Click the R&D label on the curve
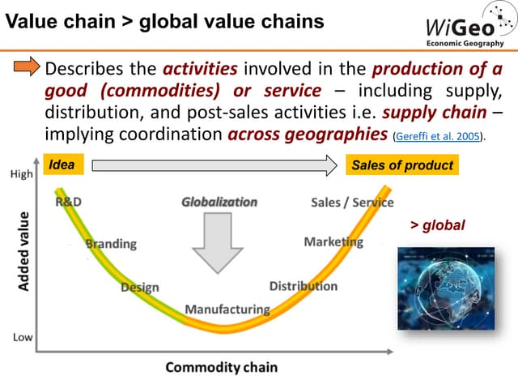point(68,202)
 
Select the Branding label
point(111,243)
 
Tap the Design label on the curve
point(139,287)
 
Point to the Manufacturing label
point(227,309)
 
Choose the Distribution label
point(304,286)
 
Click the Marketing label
point(333,242)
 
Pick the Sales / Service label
point(352,203)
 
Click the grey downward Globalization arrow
point(219,242)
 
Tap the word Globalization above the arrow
point(219,201)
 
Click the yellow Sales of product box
point(401,165)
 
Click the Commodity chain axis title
point(221,367)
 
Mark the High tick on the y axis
point(21,174)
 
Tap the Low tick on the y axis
point(22,336)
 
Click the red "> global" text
point(438,225)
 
